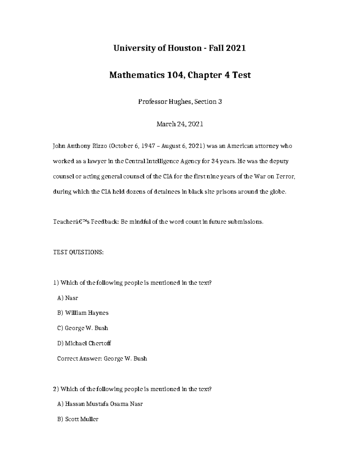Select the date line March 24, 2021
coord(180,124)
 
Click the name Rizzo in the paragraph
coord(98,146)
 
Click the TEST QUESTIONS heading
coord(78,252)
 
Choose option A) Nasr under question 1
coord(67,298)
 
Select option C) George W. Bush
coord(82,328)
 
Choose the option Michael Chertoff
coord(84,343)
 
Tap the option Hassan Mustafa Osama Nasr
coord(100,404)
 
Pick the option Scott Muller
coord(78,419)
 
